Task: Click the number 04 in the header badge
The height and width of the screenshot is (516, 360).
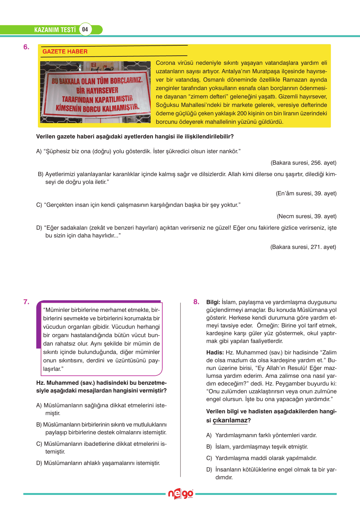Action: [85, 29]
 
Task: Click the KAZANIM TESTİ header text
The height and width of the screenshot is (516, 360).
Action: [55, 30]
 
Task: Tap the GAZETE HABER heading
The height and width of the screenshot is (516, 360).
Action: [65, 52]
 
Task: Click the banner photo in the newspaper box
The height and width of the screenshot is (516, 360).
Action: [95, 92]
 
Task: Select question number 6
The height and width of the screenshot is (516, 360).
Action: [26, 47]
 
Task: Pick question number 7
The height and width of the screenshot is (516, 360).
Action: [26, 302]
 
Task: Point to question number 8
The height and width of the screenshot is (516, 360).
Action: [196, 302]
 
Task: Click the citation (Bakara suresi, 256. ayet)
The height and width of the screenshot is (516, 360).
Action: [303, 163]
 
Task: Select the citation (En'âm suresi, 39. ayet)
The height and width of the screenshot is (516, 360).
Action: [306, 193]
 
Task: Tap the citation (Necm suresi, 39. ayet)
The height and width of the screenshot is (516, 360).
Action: [307, 216]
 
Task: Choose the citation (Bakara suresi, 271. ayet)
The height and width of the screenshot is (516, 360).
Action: [303, 247]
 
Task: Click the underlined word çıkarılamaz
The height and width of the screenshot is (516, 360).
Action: [230, 420]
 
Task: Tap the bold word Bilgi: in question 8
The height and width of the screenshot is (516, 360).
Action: [213, 302]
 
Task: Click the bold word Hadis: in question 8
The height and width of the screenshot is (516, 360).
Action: [215, 352]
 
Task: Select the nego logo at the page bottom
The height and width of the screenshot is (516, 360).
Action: [180, 494]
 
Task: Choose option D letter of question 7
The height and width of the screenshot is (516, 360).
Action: [39, 463]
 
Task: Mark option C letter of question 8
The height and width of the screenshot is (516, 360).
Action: [209, 458]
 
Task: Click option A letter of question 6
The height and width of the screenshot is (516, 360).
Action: [39, 151]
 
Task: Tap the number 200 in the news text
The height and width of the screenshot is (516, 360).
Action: [242, 113]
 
